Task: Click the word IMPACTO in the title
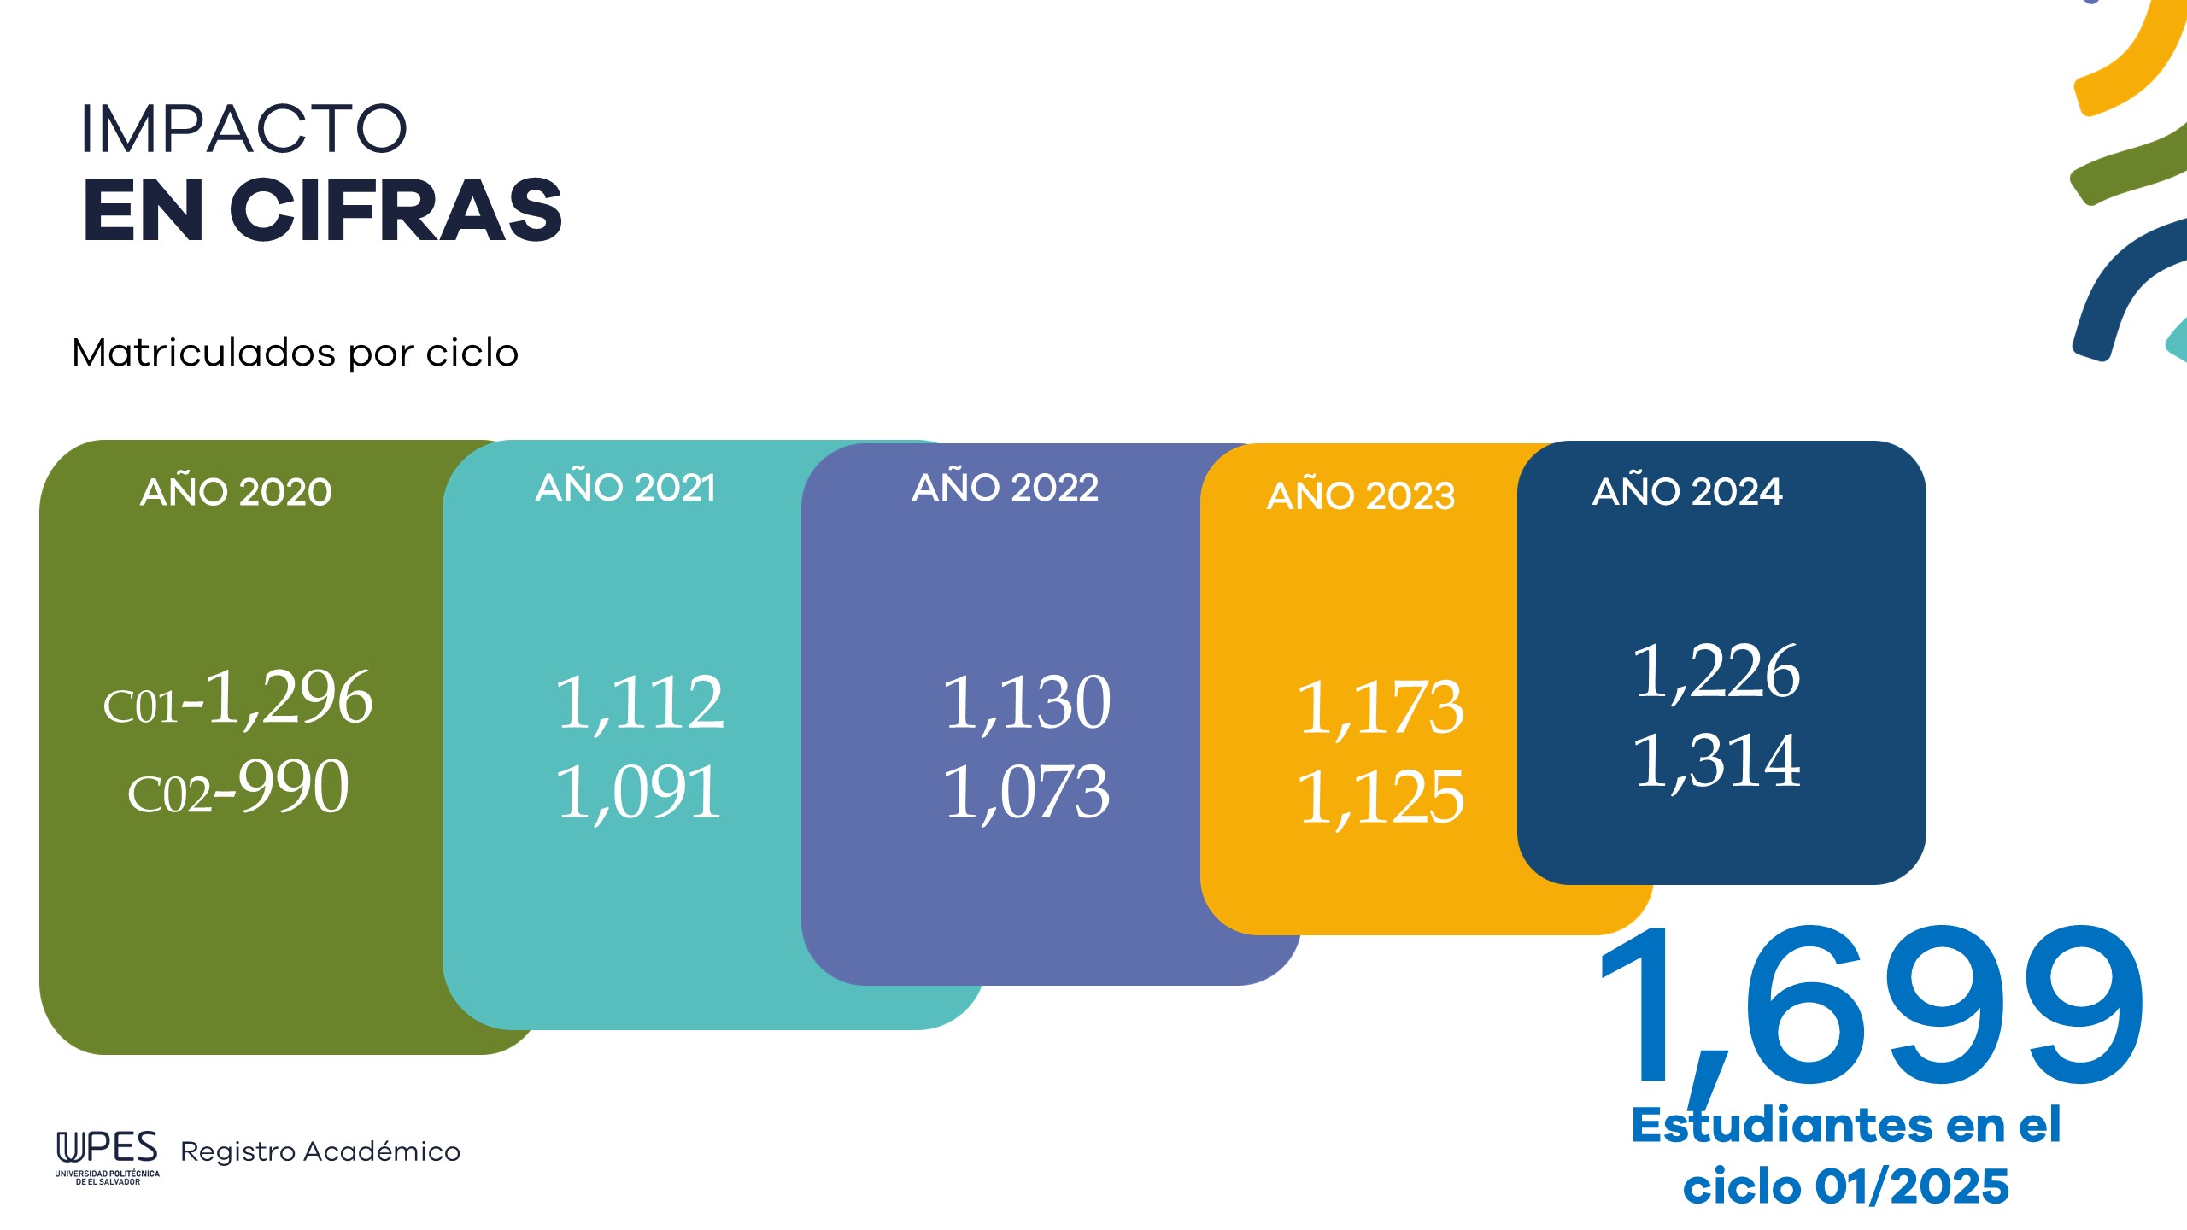click(243, 129)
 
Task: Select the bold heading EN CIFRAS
click(322, 210)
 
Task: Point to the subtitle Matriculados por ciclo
click(295, 353)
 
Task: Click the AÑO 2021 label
click(625, 487)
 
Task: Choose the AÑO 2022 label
click(1005, 487)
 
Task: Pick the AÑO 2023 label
click(1360, 495)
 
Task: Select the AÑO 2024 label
click(1687, 491)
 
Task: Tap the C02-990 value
click(238, 788)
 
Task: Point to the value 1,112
click(639, 703)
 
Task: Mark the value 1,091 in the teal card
click(639, 793)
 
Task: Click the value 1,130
click(1026, 703)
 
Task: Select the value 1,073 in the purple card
click(1026, 793)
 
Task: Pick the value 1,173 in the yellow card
click(1381, 708)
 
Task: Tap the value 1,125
click(1381, 798)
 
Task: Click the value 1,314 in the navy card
click(1716, 760)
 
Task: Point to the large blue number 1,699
click(1871, 1008)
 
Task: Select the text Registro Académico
click(320, 1151)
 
